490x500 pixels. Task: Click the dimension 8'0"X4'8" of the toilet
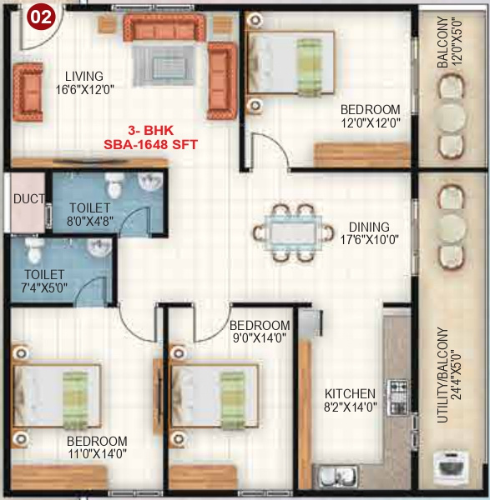point(82,222)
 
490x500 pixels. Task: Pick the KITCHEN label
point(350,393)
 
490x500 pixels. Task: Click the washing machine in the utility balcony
point(452,463)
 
